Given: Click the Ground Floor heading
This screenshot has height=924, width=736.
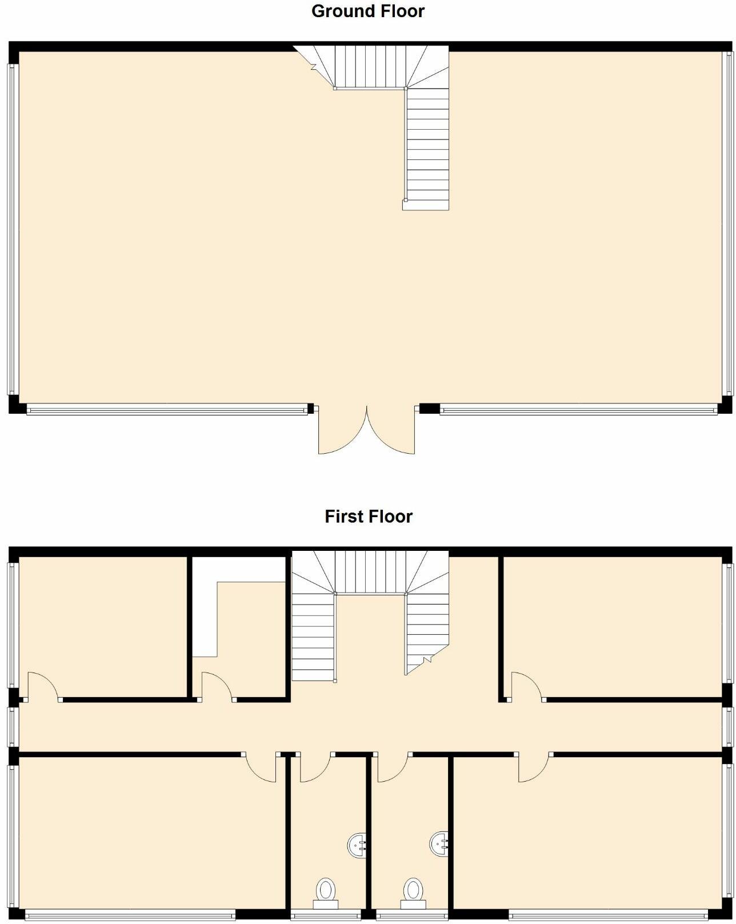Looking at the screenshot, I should (367, 11).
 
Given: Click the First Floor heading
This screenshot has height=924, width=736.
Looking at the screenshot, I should (368, 517).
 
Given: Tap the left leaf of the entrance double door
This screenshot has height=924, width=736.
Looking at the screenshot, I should (341, 431).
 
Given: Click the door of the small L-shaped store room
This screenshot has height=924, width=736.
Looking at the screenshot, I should (217, 684).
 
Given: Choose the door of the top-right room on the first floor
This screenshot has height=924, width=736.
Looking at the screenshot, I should (526, 684).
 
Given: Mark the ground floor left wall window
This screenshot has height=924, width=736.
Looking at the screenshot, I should (12, 229).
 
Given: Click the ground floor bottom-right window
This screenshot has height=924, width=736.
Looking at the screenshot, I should (577, 409).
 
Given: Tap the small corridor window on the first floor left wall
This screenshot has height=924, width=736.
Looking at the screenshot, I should (12, 726).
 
